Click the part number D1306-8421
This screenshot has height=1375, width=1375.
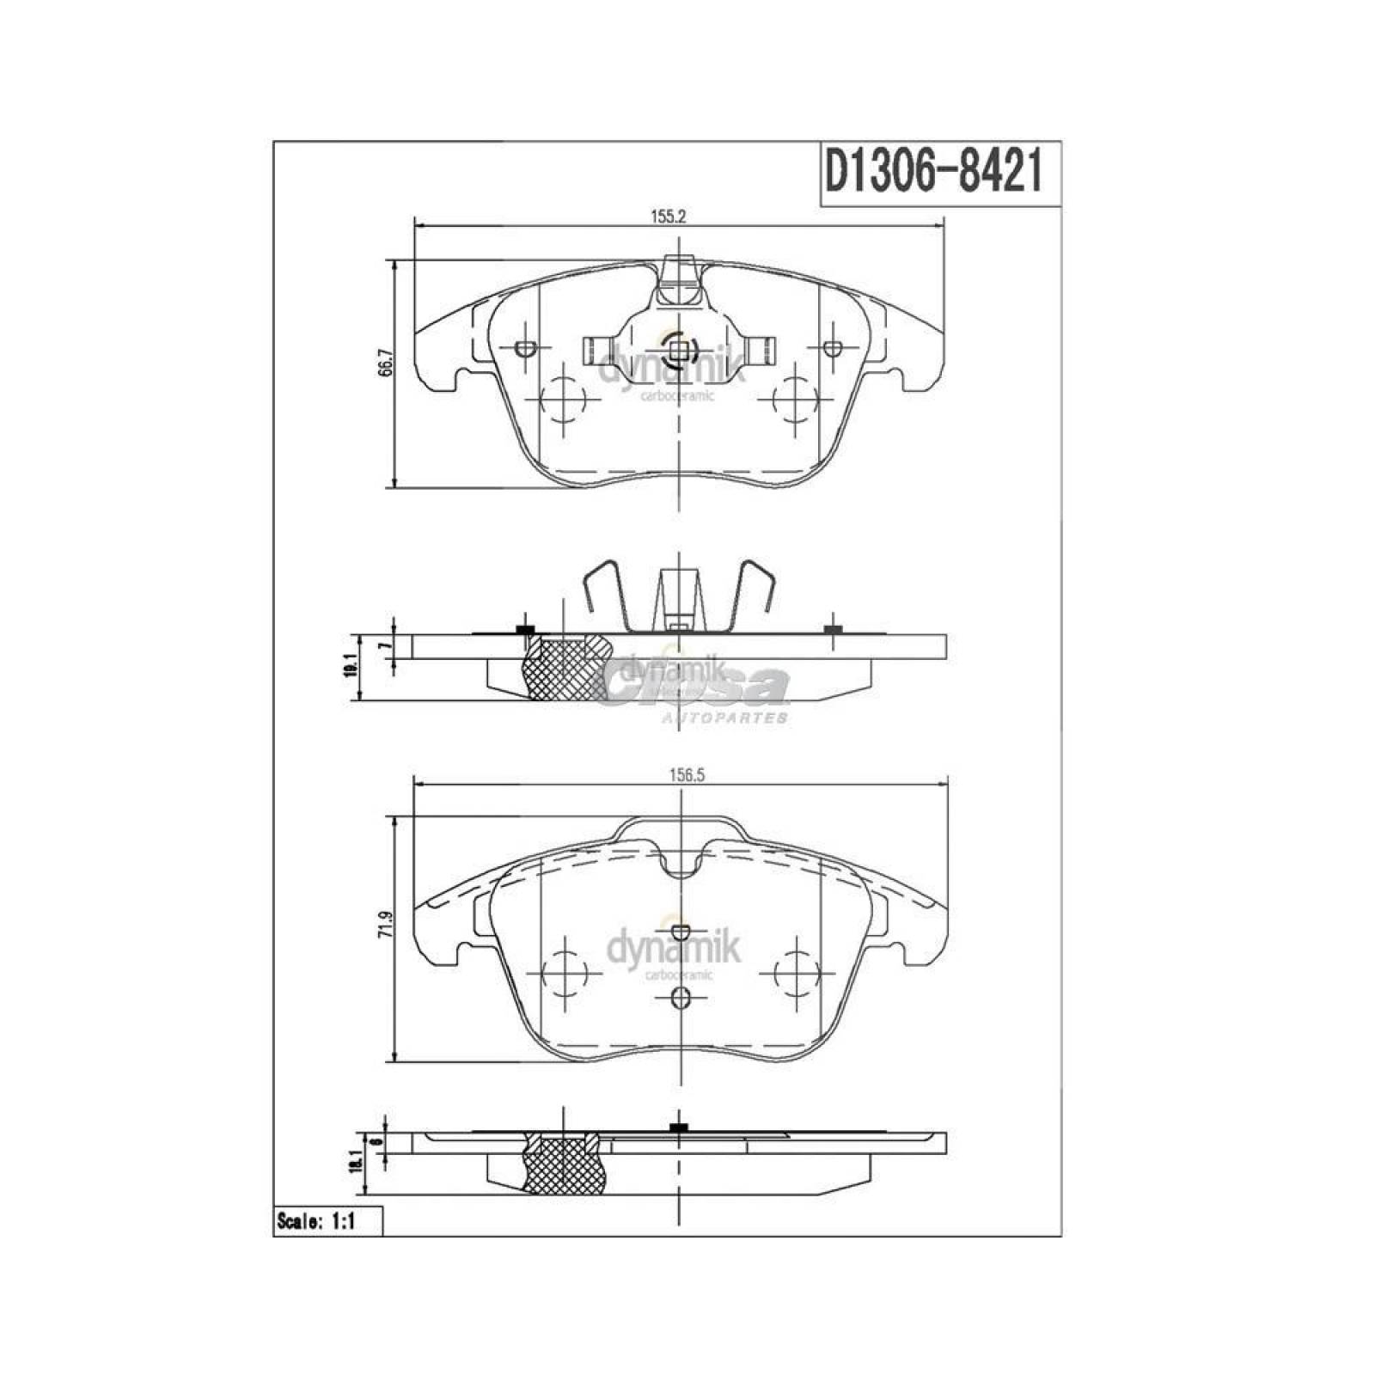933,173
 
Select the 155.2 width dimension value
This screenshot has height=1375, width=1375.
667,217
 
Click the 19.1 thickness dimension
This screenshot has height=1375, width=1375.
349,666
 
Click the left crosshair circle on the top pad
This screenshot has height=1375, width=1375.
564,400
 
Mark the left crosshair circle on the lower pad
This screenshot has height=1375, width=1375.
564,974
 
